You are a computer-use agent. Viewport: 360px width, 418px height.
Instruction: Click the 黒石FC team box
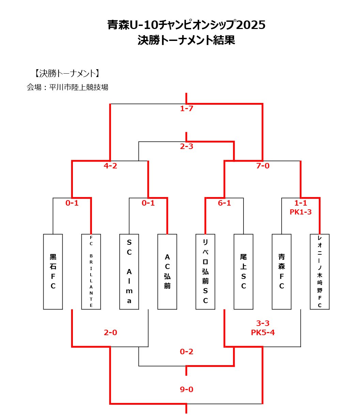pyautogui.click(x=53, y=272)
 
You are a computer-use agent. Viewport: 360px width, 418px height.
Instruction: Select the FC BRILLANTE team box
pyautogui.click(x=91, y=272)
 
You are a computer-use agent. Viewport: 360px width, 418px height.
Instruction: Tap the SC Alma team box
pyautogui.click(x=129, y=272)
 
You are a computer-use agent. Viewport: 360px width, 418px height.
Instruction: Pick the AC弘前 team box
pyautogui.click(x=167, y=272)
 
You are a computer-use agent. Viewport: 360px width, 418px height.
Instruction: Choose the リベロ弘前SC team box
pyautogui.click(x=205, y=272)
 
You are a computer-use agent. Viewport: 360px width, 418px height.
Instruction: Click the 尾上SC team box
pyautogui.click(x=244, y=272)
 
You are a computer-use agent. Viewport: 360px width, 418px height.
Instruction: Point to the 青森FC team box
pyautogui.click(x=282, y=272)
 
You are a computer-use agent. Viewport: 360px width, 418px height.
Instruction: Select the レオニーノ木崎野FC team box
pyautogui.click(x=319, y=272)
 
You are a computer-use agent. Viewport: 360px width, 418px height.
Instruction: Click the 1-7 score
pyautogui.click(x=187, y=109)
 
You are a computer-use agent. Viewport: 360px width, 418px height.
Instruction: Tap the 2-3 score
pyautogui.click(x=187, y=147)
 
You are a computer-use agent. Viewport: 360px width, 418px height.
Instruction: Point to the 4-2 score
pyautogui.click(x=110, y=166)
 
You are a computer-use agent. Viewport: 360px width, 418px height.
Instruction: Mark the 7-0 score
pyautogui.click(x=263, y=166)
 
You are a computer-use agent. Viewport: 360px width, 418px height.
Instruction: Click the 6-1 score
pyautogui.click(x=224, y=203)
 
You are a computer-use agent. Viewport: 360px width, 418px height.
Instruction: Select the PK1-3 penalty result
pyautogui.click(x=300, y=212)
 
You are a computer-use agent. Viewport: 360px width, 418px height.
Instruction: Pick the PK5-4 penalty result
pyautogui.click(x=263, y=333)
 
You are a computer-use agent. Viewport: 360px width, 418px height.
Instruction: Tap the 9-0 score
pyautogui.click(x=187, y=389)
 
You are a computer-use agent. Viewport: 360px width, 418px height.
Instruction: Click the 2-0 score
pyautogui.click(x=110, y=333)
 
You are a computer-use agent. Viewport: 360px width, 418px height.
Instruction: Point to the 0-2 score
pyautogui.click(x=187, y=352)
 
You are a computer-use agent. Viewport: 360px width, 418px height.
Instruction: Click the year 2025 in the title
pyautogui.click(x=251, y=25)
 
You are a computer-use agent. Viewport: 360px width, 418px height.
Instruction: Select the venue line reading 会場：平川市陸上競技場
pyautogui.click(x=67, y=87)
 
